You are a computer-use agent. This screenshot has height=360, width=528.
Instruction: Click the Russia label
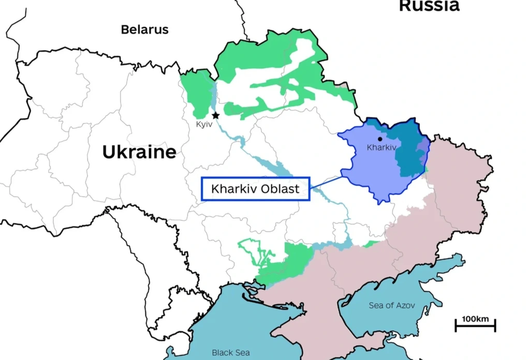[429, 6]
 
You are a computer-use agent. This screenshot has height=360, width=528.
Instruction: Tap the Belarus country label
[144, 29]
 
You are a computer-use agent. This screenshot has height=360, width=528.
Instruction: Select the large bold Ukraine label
[139, 152]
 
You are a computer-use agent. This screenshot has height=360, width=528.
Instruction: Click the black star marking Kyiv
[215, 115]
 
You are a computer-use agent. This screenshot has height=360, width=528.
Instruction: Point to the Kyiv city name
[204, 125]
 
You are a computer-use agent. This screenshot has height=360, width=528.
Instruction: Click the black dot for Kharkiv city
[380, 139]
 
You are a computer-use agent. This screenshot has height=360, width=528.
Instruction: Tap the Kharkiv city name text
[381, 147]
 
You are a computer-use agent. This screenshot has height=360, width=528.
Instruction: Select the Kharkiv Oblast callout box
[255, 189]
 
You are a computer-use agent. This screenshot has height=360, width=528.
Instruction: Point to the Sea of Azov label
[391, 305]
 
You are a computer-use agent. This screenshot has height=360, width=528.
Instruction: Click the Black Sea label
[230, 352]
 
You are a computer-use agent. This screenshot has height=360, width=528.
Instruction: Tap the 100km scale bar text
[475, 318]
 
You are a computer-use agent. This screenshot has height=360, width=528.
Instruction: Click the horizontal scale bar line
[475, 326]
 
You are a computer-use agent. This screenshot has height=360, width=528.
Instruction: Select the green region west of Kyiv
[196, 93]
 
